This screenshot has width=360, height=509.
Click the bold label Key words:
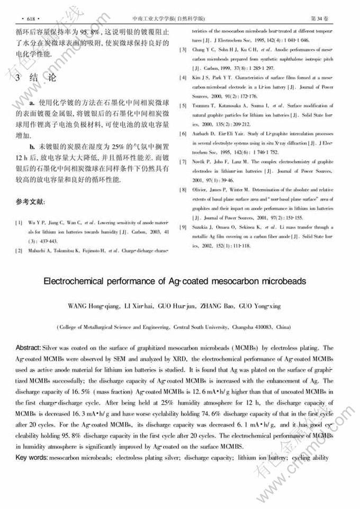point(31,457)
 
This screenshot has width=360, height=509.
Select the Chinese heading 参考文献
point(31,202)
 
